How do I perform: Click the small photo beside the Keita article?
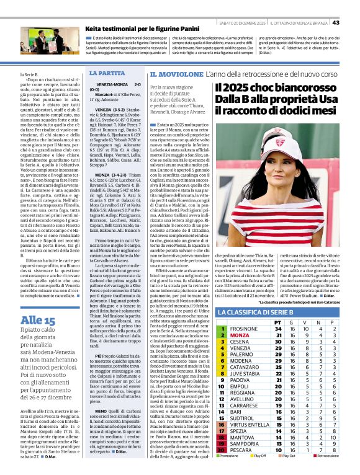click(42, 40)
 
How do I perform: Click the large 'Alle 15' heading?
click(38, 337)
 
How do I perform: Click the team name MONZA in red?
click(240, 335)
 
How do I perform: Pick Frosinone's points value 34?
click(277, 329)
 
